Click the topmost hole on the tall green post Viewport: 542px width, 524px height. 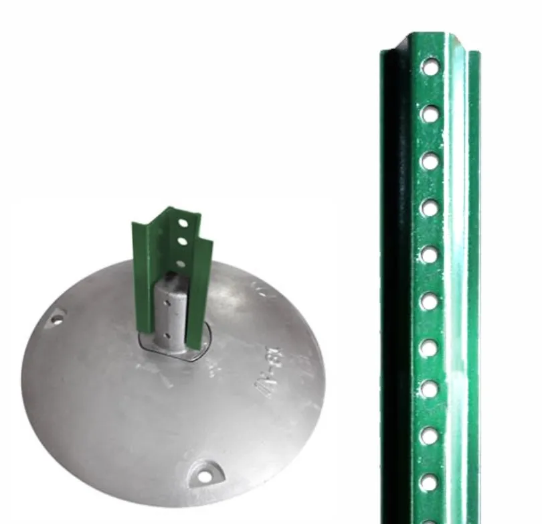430,66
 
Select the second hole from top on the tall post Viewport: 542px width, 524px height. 430,114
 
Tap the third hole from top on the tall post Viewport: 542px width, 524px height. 430,161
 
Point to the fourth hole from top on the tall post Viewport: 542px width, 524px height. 430,208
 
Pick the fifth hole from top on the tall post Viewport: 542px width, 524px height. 430,255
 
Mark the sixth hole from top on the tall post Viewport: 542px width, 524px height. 429,302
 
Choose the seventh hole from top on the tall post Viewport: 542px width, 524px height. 429,348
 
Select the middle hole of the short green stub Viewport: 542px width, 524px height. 181,239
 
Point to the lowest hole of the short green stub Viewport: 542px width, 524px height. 180,254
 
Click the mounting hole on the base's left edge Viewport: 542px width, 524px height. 57,319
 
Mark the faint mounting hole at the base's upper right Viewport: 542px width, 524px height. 263,289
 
